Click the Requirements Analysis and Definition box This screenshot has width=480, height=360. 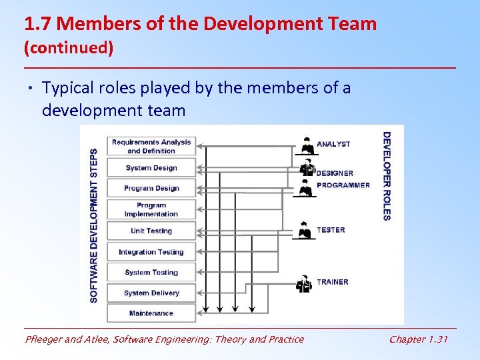(x=151, y=146)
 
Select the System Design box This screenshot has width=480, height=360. (x=151, y=168)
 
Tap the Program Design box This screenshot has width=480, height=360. (x=151, y=188)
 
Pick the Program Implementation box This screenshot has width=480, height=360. (x=151, y=209)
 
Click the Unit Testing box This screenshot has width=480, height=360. (x=151, y=231)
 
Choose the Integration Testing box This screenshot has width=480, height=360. (x=151, y=252)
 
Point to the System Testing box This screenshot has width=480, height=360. (x=151, y=272)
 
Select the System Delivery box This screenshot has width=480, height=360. (x=151, y=293)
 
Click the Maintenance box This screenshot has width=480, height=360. (x=151, y=313)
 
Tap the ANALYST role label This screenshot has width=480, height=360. (x=333, y=144)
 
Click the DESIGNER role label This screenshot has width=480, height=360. (x=335, y=173)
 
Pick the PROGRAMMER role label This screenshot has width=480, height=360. (x=343, y=185)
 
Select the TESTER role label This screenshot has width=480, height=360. (x=331, y=230)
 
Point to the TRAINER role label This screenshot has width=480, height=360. (x=332, y=282)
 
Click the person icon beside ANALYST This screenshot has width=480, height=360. (x=307, y=145)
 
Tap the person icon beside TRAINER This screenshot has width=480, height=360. (x=305, y=283)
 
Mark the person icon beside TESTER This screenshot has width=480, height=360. (x=305, y=230)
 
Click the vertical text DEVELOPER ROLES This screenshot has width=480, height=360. (x=387, y=176)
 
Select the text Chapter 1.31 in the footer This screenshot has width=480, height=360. (x=419, y=339)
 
